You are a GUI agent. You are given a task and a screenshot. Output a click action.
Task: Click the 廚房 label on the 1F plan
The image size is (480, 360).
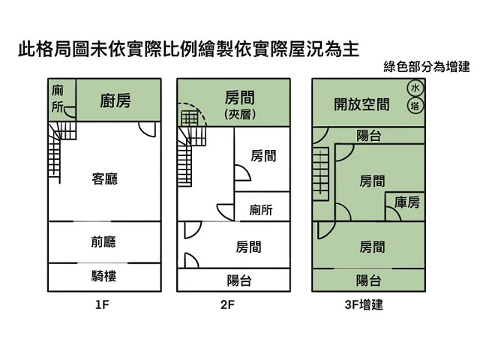tap(115, 100)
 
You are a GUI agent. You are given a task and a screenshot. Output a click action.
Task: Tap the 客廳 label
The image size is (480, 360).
tap(104, 178)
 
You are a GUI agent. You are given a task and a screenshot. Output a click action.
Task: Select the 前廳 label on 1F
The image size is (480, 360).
tap(104, 242)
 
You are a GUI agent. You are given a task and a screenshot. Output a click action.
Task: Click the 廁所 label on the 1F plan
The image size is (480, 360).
tap(58, 98)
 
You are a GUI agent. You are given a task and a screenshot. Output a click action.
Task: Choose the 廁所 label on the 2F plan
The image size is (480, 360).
tap(261, 211)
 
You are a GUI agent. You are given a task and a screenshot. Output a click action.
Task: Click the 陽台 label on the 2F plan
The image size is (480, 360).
tap(239, 280)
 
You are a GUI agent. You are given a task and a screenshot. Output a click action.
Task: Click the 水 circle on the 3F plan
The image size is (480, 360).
tap(415, 88)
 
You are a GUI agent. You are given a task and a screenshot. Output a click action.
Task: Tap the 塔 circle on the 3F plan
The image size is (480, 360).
tap(415, 106)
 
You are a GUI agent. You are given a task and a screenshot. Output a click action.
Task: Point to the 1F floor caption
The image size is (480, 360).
tap(103, 305)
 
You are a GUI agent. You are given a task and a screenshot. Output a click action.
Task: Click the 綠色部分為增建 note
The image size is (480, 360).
tap(426, 66)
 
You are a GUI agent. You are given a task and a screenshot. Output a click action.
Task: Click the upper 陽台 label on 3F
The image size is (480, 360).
tap(368, 136)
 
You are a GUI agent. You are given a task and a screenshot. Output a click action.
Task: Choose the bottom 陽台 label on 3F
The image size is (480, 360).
tap(368, 280)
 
